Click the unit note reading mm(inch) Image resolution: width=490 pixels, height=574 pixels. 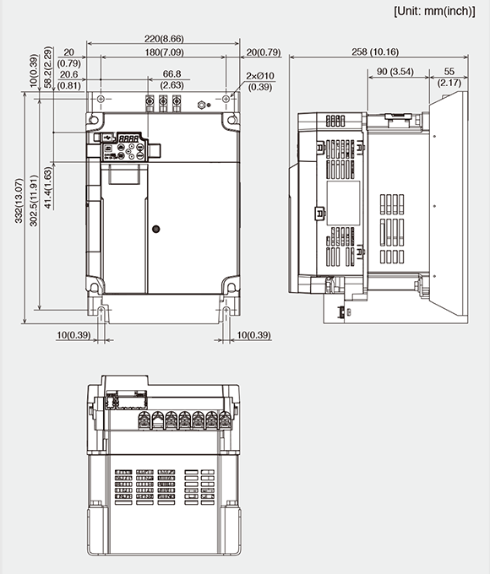(x=438, y=11)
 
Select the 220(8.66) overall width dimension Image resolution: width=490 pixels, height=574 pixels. (x=162, y=39)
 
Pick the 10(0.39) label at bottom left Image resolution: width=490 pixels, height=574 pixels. (x=74, y=336)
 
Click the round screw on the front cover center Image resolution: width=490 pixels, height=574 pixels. (x=155, y=229)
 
